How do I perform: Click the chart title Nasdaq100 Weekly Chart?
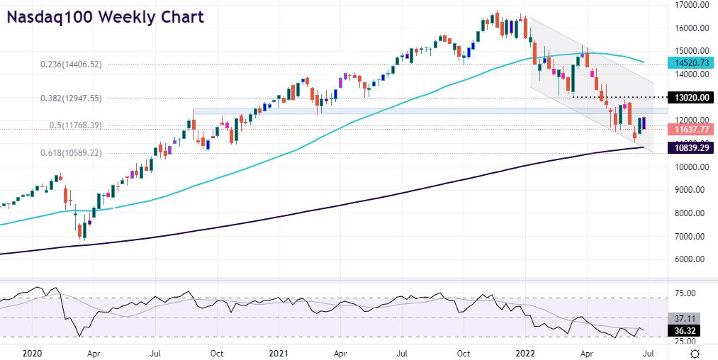point(105,16)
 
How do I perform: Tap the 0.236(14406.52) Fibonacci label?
point(82,64)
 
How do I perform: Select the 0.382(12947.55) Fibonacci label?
point(82,99)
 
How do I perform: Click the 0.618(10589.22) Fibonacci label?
point(82,153)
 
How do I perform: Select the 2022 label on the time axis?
point(525,351)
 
